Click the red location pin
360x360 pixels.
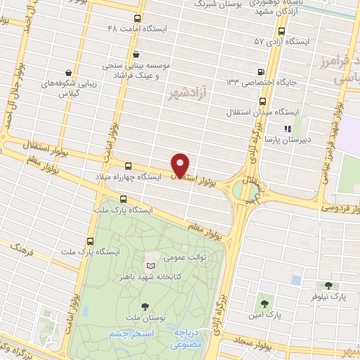[x=181, y=165]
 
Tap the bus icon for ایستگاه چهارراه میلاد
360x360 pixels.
[x=128, y=166]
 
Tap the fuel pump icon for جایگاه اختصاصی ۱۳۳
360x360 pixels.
[x=262, y=71]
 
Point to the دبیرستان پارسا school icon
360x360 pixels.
[x=287, y=129]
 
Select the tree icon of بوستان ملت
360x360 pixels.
[x=145, y=306]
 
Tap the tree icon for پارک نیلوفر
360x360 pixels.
[x=328, y=285]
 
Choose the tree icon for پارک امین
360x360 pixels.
[x=265, y=304]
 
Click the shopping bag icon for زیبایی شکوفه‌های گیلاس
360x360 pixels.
[x=67, y=72]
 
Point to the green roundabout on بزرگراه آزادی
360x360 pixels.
[x=246, y=191]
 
